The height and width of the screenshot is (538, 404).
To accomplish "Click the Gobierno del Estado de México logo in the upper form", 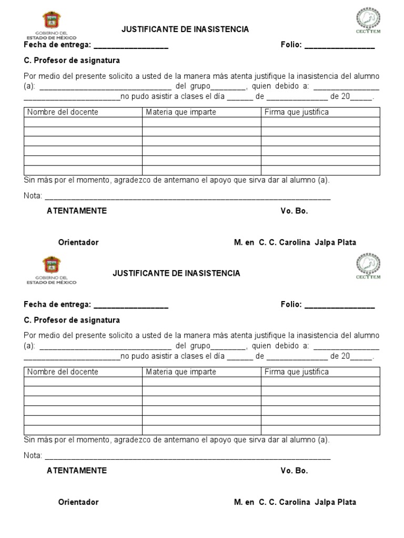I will [51, 25].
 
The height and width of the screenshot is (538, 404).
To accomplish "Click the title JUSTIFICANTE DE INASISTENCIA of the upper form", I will [185, 29].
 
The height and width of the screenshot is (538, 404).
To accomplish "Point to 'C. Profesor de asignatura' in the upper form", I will [72, 60].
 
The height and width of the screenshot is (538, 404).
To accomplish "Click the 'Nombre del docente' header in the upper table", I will [63, 112].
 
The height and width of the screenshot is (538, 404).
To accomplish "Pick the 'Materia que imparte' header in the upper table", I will [181, 112].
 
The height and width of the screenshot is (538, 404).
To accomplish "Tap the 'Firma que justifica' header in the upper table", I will [297, 112].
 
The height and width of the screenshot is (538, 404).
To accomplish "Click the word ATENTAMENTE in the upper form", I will [77, 211].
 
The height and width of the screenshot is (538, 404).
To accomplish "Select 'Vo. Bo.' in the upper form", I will [294, 211].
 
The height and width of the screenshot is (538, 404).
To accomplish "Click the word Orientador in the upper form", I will [78, 242].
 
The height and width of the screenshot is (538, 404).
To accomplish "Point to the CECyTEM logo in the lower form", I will [368, 265].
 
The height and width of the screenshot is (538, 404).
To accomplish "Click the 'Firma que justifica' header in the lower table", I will [297, 371].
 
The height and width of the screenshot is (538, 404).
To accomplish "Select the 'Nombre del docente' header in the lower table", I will [63, 371].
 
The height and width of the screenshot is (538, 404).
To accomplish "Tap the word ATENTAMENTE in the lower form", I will [77, 470].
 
